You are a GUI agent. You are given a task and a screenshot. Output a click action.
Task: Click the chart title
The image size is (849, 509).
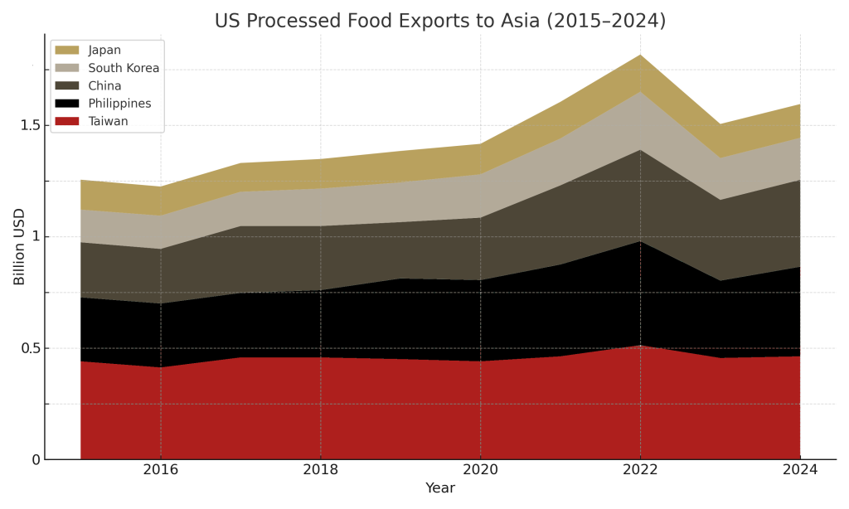coord(439,21)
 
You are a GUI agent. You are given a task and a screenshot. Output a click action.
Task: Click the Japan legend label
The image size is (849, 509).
coord(104,51)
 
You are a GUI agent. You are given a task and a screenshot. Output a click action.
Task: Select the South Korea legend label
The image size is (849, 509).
coord(124,68)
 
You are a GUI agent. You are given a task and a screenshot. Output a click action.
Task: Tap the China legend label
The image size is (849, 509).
coord(104,86)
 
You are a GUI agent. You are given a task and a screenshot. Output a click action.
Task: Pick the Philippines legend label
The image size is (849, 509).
coord(119,104)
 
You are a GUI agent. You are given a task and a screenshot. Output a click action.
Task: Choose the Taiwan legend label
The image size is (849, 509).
coord(108,122)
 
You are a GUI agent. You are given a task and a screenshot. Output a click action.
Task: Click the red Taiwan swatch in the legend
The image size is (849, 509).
coord(67,122)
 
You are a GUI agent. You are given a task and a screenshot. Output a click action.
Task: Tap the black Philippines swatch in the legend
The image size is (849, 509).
coord(67,104)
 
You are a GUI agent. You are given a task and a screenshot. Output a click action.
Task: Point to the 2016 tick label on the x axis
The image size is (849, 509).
coord(161,470)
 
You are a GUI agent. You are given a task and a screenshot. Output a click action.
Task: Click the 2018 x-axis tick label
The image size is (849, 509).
coord(321,470)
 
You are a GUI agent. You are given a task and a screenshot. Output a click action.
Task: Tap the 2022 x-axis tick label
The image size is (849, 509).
coord(640,470)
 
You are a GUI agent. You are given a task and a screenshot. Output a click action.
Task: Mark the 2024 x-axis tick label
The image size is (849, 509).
coord(800,470)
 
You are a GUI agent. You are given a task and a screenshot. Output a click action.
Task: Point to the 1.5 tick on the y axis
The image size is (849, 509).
coord(30,125)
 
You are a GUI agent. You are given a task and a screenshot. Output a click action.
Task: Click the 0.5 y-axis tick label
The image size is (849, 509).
coord(30,348)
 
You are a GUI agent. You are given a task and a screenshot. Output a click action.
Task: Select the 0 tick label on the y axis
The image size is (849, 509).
coord(36,460)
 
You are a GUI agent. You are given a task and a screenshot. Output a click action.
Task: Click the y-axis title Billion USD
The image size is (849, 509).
coord(19,246)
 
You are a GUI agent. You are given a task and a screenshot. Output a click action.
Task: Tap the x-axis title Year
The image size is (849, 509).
coord(439,488)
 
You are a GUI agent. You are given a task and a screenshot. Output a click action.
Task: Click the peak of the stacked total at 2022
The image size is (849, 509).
coord(640,55)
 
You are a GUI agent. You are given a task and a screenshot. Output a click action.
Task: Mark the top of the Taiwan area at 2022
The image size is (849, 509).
coord(640,346)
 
